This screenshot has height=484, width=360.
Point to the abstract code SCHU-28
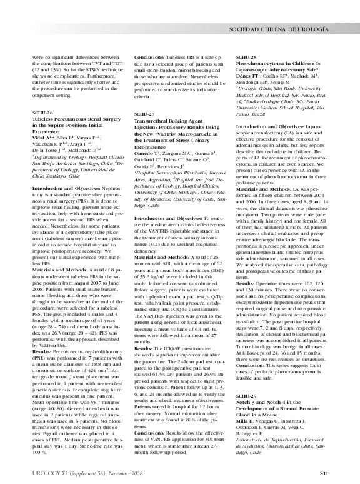coord(247,57)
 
